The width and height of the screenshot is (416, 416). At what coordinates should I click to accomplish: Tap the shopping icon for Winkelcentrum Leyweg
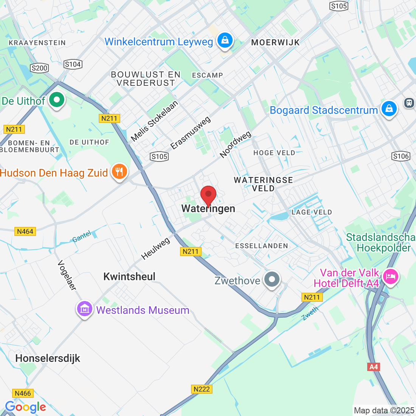pos(225,40)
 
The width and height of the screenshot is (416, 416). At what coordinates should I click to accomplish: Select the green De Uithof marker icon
pos(57,101)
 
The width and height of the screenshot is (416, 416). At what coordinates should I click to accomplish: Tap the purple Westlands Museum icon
pos(85,309)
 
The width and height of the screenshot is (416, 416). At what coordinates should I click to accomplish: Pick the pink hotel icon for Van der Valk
pos(390,276)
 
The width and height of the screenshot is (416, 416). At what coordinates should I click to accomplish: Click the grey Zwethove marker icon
pos(272,280)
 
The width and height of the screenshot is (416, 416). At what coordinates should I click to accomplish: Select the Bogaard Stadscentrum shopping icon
pos(389,109)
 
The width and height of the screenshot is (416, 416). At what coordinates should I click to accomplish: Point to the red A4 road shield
pos(373,367)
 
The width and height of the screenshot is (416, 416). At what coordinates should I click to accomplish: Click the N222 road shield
pos(201,389)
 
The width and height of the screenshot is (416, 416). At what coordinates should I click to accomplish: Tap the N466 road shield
pos(23,393)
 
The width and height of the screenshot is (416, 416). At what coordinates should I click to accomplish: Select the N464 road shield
pos(25,231)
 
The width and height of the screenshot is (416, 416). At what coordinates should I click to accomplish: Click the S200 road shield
pos(39,68)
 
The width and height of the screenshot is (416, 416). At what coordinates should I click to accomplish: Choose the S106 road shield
pos(401,156)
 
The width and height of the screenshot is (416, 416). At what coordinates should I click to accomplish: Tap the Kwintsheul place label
pos(129,276)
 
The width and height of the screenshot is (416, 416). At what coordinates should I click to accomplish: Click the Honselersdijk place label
pos(48,358)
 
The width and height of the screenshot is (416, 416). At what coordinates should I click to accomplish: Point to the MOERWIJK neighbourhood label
pos(275,42)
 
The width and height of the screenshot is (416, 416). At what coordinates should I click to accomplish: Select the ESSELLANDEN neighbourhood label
pos(261,246)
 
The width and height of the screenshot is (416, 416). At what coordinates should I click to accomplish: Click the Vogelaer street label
pos(67,275)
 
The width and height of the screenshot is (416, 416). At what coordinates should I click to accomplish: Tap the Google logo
pos(25,407)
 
